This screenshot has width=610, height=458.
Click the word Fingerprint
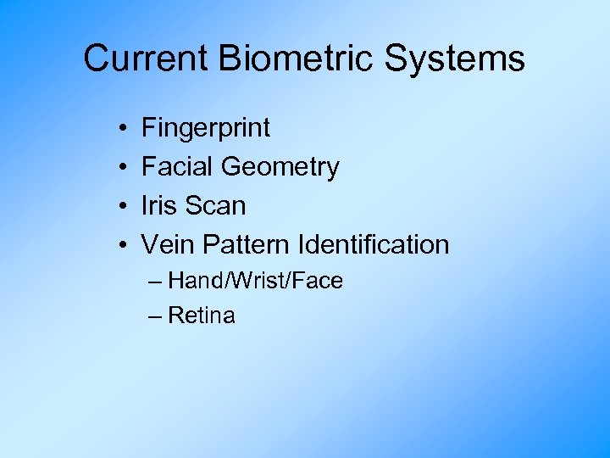(x=206, y=129)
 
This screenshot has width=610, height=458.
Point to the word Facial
(x=178, y=167)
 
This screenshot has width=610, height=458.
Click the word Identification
(x=374, y=244)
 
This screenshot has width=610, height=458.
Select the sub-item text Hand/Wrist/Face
(x=255, y=281)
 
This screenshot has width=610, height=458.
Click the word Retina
(x=202, y=316)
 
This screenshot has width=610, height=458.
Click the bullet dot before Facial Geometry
(x=124, y=168)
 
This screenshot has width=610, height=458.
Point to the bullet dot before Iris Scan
(x=124, y=206)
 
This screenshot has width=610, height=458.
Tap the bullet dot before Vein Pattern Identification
(x=124, y=245)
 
